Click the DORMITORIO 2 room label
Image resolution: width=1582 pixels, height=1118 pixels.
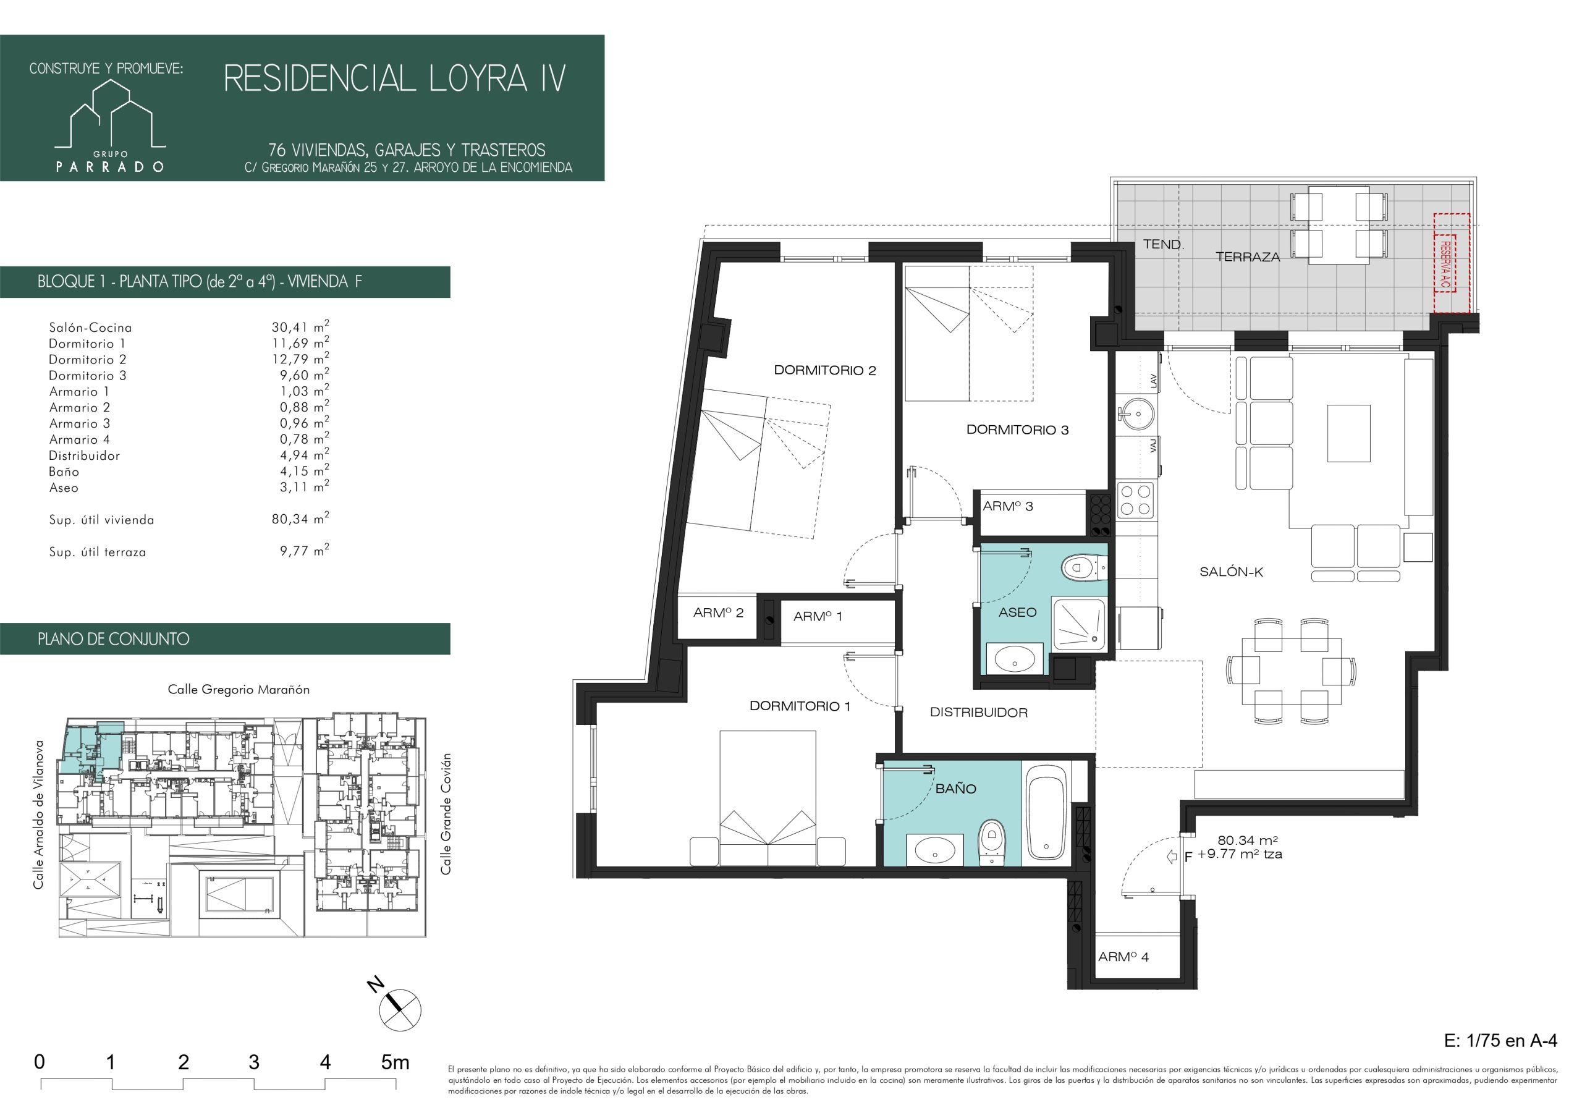point(825,370)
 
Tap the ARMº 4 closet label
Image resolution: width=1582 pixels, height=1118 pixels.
point(1123,957)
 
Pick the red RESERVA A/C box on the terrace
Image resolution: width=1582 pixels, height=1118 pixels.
point(1451,263)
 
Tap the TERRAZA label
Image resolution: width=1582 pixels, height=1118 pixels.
point(1247,257)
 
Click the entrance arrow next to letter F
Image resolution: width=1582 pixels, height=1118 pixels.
point(1170,857)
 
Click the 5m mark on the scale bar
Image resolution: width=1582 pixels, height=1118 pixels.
point(395,1062)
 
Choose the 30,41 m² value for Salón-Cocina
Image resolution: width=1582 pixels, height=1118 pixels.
point(300,327)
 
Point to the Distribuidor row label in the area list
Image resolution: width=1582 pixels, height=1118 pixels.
point(84,455)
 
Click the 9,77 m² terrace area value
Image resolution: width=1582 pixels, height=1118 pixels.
point(304,551)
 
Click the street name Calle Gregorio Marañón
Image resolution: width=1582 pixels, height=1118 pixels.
point(239,689)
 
